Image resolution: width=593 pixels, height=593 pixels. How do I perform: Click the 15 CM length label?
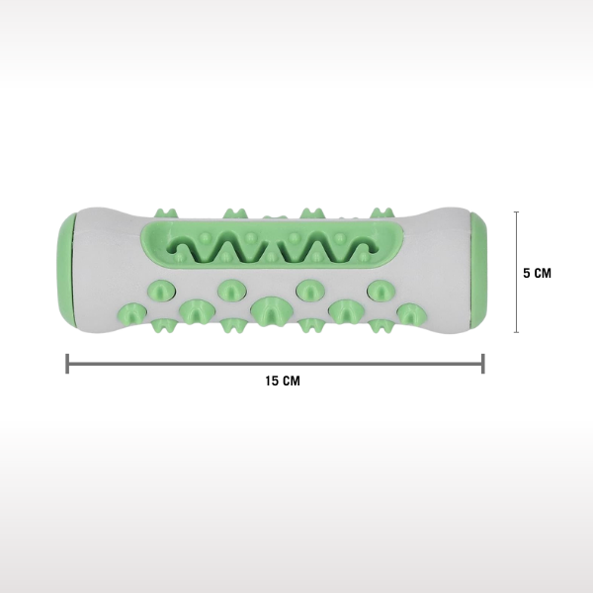[x=283, y=381]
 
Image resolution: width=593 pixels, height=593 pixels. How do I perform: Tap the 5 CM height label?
[x=537, y=273]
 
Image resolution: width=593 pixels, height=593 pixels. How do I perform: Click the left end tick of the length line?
[x=67, y=364]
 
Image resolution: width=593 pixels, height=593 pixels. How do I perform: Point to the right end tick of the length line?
[x=483, y=364]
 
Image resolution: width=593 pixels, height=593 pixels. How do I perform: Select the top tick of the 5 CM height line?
[x=516, y=212]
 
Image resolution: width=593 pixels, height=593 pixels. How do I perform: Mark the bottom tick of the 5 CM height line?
[x=516, y=332]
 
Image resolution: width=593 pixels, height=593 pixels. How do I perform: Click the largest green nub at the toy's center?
[x=269, y=310]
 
